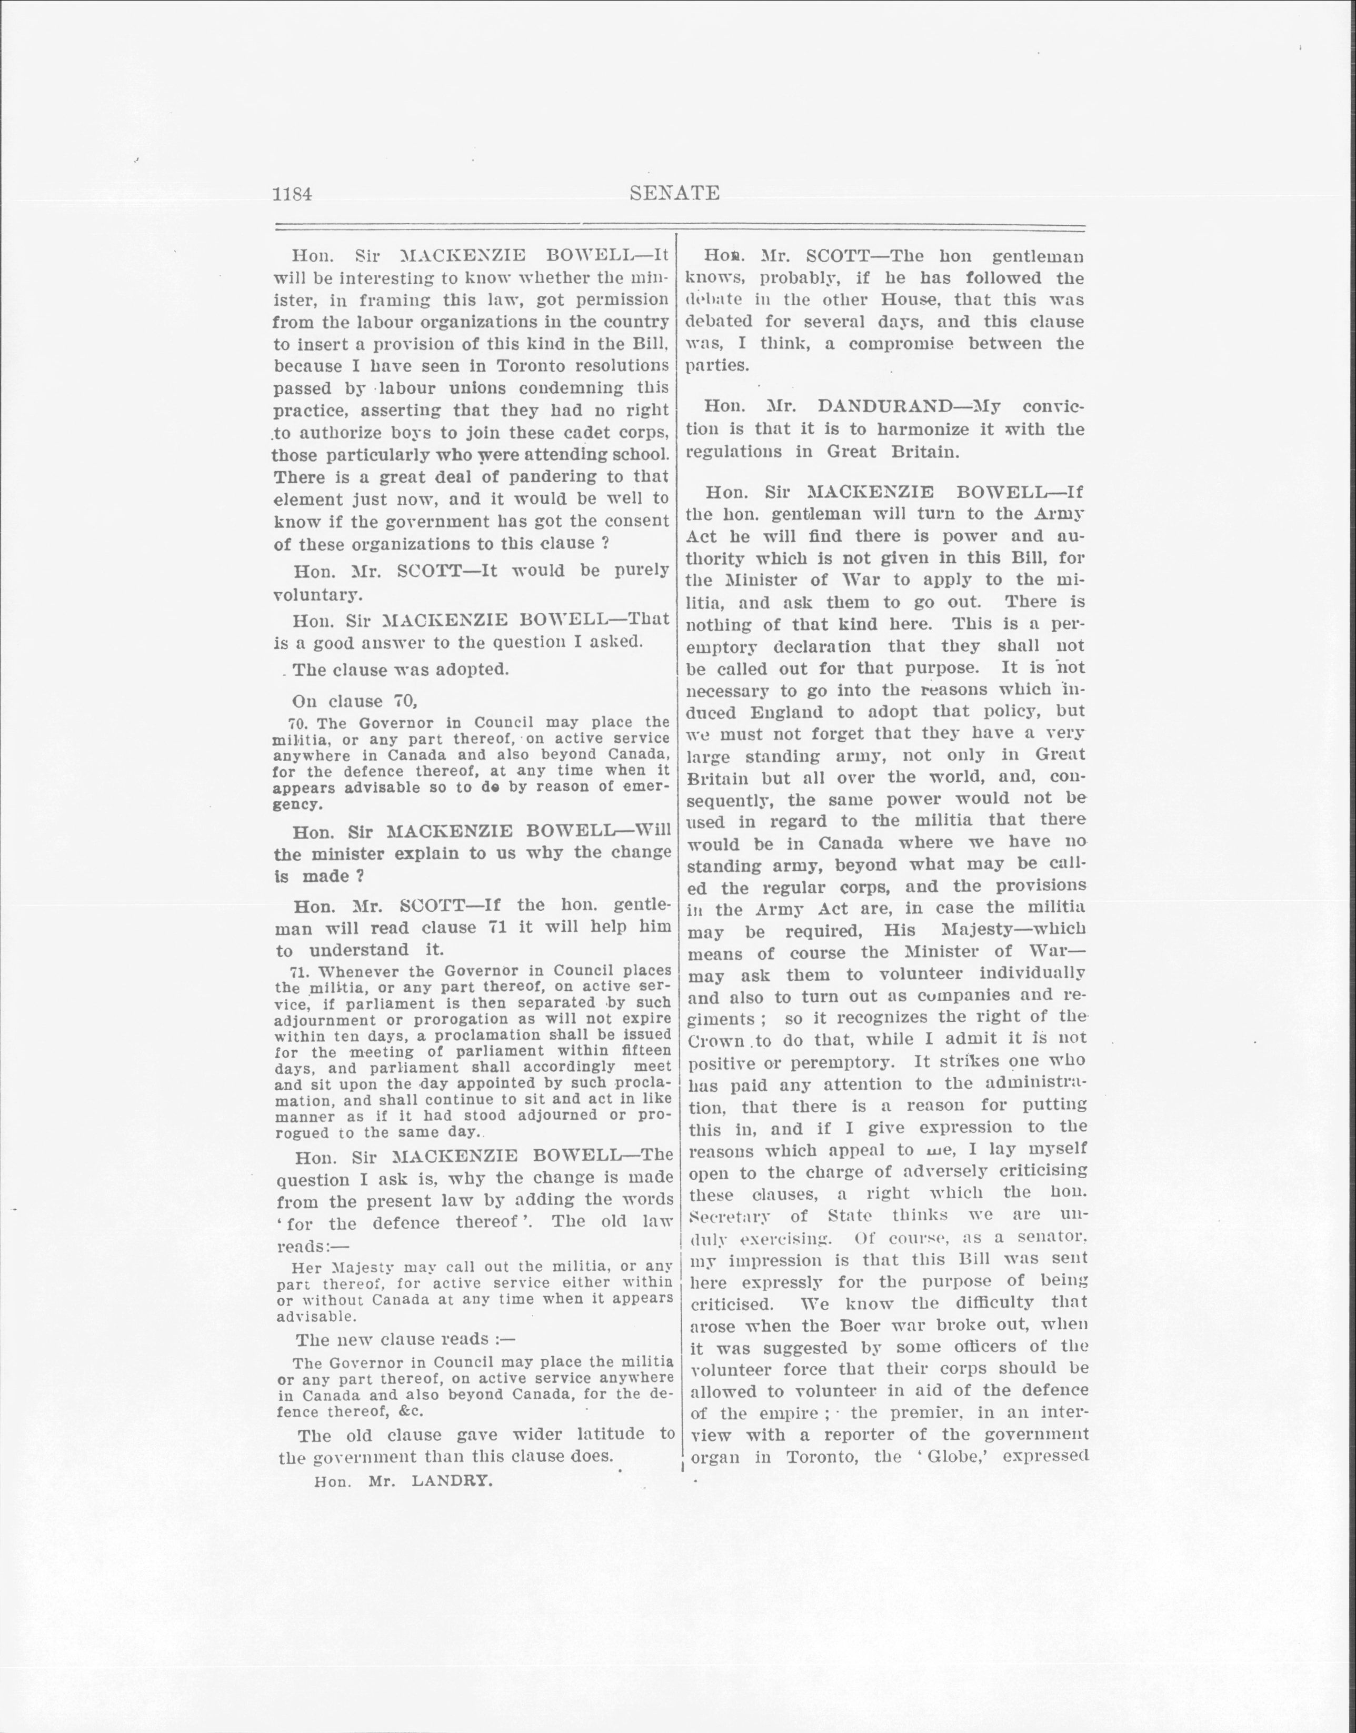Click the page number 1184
click(292, 194)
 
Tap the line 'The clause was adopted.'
click(400, 669)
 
